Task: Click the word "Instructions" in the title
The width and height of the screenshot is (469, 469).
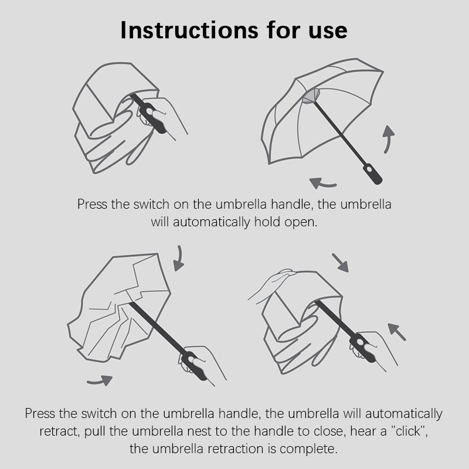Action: [189, 30]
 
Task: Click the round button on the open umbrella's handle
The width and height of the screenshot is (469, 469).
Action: [370, 169]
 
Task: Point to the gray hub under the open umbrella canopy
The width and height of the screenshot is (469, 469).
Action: [311, 96]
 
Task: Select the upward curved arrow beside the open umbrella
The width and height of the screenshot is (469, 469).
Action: [389, 138]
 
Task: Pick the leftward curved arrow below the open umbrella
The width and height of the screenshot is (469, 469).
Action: [322, 183]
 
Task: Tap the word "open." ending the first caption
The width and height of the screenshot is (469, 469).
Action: [301, 223]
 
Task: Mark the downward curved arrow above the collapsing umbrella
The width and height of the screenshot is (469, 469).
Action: [179, 259]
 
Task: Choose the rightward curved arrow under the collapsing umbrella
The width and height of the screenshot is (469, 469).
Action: [100, 380]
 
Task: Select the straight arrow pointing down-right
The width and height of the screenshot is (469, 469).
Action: [341, 263]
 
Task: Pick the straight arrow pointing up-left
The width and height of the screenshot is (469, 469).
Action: [397, 332]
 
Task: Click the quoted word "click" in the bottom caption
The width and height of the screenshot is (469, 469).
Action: [408, 431]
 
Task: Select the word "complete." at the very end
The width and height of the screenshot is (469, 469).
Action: [308, 450]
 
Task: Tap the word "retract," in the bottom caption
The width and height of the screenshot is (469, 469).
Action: [60, 432]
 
